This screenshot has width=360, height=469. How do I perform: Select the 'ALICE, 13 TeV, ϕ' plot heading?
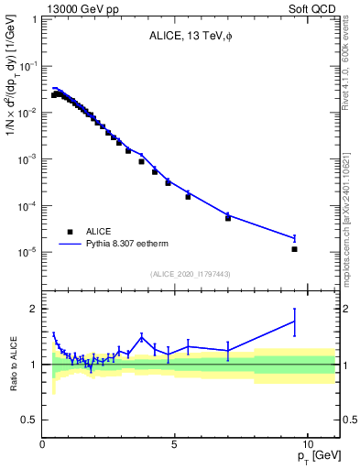191,38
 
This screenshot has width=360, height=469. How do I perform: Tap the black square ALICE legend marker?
70,232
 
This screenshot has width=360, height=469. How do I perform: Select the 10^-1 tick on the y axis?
29,66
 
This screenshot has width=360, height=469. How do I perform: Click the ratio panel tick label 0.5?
30,420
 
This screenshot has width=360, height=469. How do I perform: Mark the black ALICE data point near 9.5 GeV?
294,249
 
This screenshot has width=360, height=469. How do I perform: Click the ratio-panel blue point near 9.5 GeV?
294,321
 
